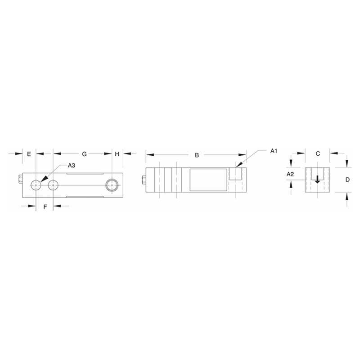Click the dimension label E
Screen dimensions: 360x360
(x=29, y=154)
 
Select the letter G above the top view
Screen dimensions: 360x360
(x=84, y=154)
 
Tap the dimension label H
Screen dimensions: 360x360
(x=117, y=154)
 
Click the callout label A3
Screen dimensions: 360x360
(x=72, y=166)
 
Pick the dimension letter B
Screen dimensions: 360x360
(x=197, y=155)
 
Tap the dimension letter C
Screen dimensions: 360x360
(x=318, y=154)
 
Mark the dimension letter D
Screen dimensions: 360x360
(x=347, y=180)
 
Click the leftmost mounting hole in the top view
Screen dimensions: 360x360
(x=36, y=184)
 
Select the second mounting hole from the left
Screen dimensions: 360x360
(x=53, y=184)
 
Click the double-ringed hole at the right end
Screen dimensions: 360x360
(x=112, y=184)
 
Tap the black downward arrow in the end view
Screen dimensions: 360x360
(x=318, y=180)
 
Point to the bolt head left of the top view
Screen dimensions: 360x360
(x=19, y=180)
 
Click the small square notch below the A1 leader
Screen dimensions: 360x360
(x=234, y=174)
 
